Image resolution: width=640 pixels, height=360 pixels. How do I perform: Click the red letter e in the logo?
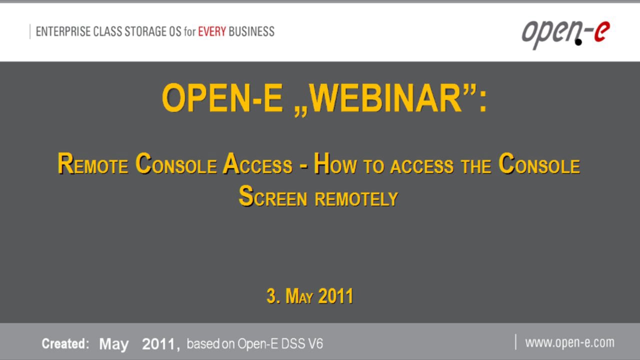(601, 32)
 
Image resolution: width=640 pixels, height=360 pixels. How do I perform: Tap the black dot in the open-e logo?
(578, 42)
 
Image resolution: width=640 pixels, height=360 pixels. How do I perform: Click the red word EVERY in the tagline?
(212, 31)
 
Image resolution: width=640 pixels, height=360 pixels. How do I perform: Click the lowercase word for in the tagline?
(189, 31)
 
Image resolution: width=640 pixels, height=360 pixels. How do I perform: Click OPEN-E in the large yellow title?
(222, 98)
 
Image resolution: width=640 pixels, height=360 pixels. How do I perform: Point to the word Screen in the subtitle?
(272, 196)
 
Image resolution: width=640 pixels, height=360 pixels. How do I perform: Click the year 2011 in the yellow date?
(335, 296)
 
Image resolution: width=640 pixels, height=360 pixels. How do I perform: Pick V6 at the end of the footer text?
(315, 344)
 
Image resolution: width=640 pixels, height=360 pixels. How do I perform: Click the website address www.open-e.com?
(569, 342)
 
